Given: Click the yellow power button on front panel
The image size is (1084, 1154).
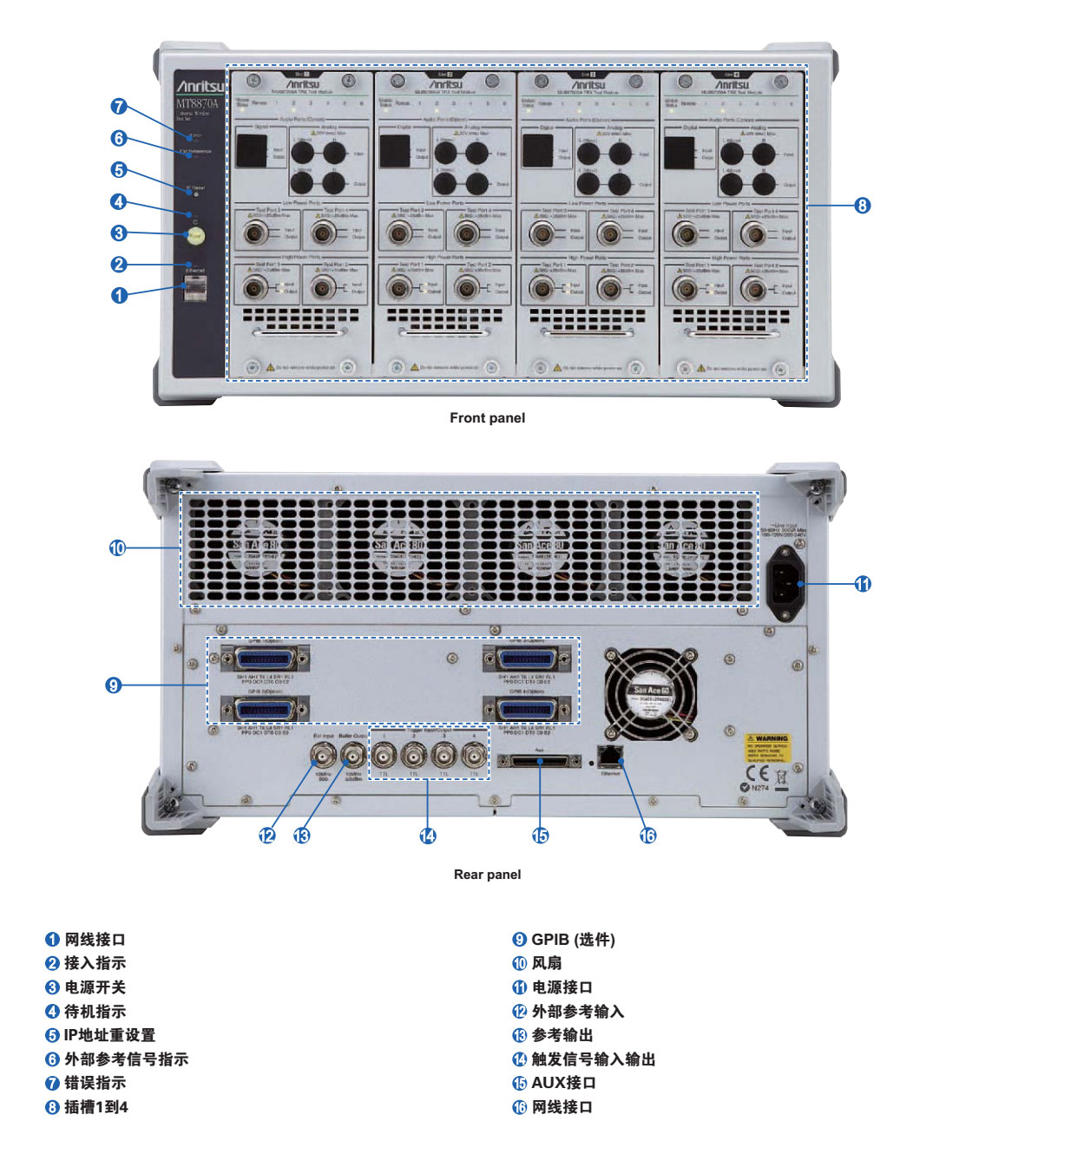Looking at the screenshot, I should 195,234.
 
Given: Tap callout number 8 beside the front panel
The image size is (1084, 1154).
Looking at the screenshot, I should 862,206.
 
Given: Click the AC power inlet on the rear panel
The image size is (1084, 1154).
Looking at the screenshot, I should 787,584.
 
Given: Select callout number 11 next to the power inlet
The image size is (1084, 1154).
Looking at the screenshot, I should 863,584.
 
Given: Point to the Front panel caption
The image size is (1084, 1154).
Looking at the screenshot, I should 487,418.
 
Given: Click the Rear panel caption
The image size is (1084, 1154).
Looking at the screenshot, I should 487,875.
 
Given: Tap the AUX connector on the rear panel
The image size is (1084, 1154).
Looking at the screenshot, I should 539,761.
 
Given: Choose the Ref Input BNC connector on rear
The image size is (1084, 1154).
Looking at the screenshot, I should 324,752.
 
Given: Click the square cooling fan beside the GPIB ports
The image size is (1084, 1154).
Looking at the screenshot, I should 650,695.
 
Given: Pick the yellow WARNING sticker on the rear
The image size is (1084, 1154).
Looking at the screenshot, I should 767,749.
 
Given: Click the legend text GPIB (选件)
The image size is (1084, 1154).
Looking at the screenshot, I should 573,940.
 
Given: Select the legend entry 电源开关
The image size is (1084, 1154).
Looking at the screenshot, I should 95,987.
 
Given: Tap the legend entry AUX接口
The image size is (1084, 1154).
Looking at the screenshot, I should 563,1083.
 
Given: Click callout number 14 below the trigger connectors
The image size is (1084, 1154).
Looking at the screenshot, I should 428,836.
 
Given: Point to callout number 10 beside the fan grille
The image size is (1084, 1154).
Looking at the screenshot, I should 117,548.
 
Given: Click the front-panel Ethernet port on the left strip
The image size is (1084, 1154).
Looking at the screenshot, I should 194,287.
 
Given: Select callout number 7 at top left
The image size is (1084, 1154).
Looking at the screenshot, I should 119,107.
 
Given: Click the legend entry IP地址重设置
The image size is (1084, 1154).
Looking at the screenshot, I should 109,1035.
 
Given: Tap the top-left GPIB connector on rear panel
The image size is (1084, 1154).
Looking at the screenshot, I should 266,657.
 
